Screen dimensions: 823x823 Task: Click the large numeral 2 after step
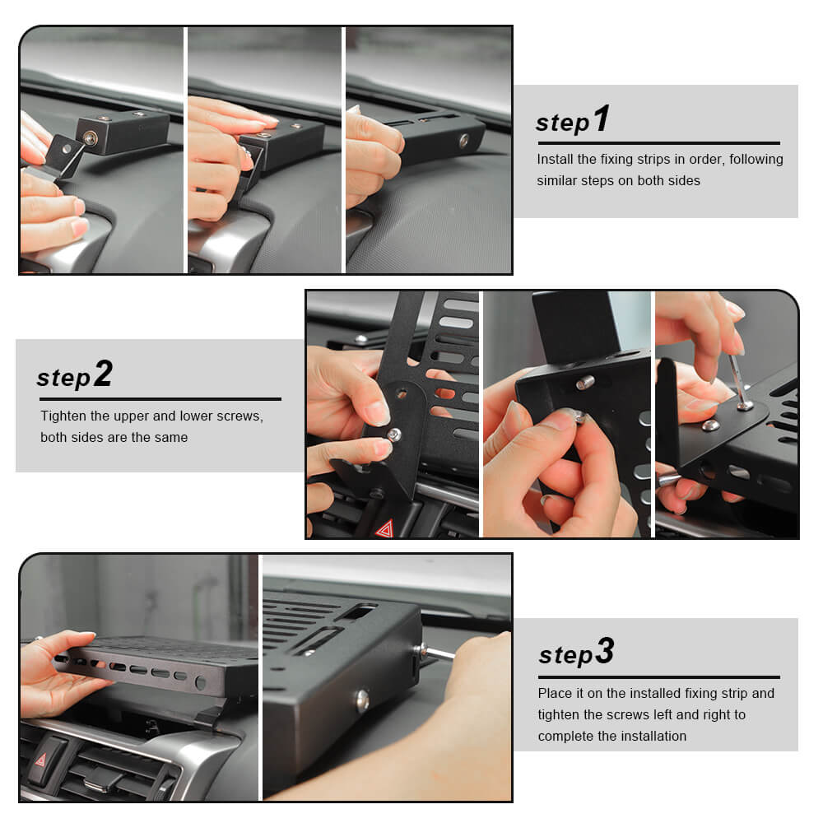(x=103, y=373)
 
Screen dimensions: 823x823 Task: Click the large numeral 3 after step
(x=605, y=650)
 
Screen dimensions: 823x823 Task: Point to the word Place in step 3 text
(x=555, y=693)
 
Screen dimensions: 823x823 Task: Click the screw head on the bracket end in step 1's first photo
(x=91, y=138)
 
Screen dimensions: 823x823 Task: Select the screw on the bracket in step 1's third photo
(x=463, y=141)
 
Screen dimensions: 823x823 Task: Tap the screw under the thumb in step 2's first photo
(x=393, y=435)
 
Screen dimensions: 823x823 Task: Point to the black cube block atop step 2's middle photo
(x=576, y=328)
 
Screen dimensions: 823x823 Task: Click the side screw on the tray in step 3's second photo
(x=363, y=700)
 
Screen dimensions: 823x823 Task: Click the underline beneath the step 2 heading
(x=160, y=399)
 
